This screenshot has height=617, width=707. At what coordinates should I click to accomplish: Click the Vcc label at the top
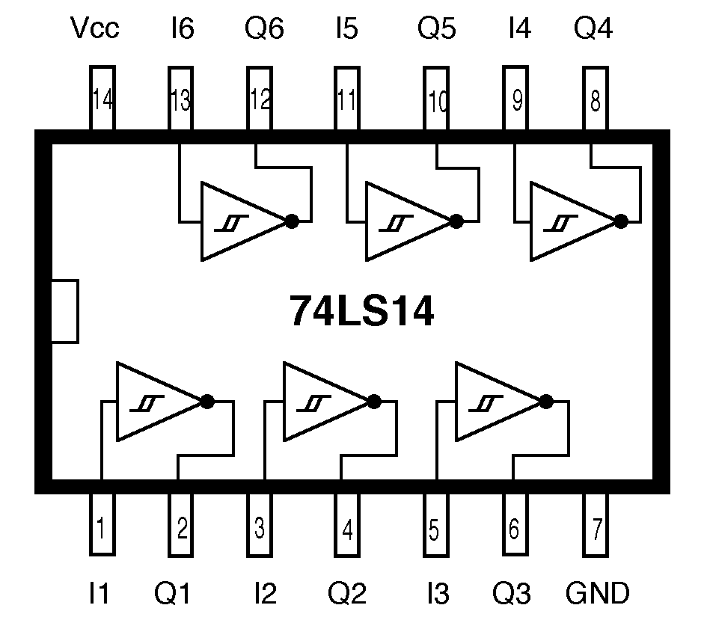tap(94, 29)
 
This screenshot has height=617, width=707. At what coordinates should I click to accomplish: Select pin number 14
tap(102, 99)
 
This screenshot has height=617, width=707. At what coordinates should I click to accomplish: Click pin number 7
tap(596, 529)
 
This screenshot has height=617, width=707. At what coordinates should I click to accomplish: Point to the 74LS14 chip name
tap(361, 312)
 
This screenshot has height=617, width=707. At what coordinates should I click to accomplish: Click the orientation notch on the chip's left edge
tap(64, 311)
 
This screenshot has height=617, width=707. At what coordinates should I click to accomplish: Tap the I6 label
tap(182, 29)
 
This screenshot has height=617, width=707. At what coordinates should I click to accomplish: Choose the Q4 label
tap(593, 29)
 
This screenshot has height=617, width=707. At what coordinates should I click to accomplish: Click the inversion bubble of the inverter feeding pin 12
tap(292, 221)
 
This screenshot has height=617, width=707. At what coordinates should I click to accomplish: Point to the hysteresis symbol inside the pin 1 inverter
tap(144, 403)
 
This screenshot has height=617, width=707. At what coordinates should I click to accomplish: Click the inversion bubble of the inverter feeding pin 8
tap(620, 221)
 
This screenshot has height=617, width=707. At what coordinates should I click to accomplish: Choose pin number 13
tap(180, 99)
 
